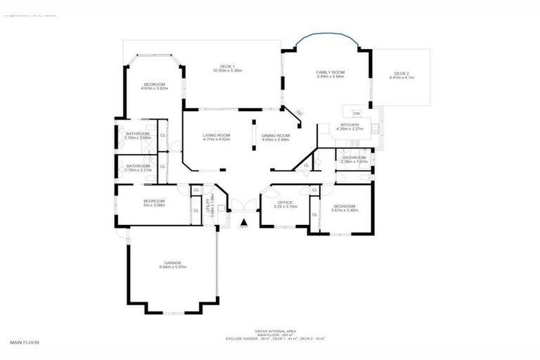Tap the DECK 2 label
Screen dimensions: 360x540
[401, 73]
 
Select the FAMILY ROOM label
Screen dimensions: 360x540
[329, 73]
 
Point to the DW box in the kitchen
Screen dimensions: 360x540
[356, 113]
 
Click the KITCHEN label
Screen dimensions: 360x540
[349, 125]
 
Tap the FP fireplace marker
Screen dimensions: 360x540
[298, 114]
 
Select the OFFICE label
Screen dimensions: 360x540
[284, 202]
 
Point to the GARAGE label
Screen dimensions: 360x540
[172, 263]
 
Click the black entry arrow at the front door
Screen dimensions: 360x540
[243, 223]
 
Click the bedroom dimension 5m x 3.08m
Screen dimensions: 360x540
[154, 205]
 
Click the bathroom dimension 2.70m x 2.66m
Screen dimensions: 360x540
[137, 138]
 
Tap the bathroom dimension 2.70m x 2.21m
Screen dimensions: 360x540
[137, 170]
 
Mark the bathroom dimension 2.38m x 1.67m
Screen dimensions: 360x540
[353, 162]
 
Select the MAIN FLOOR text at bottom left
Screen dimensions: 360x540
[25, 342]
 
